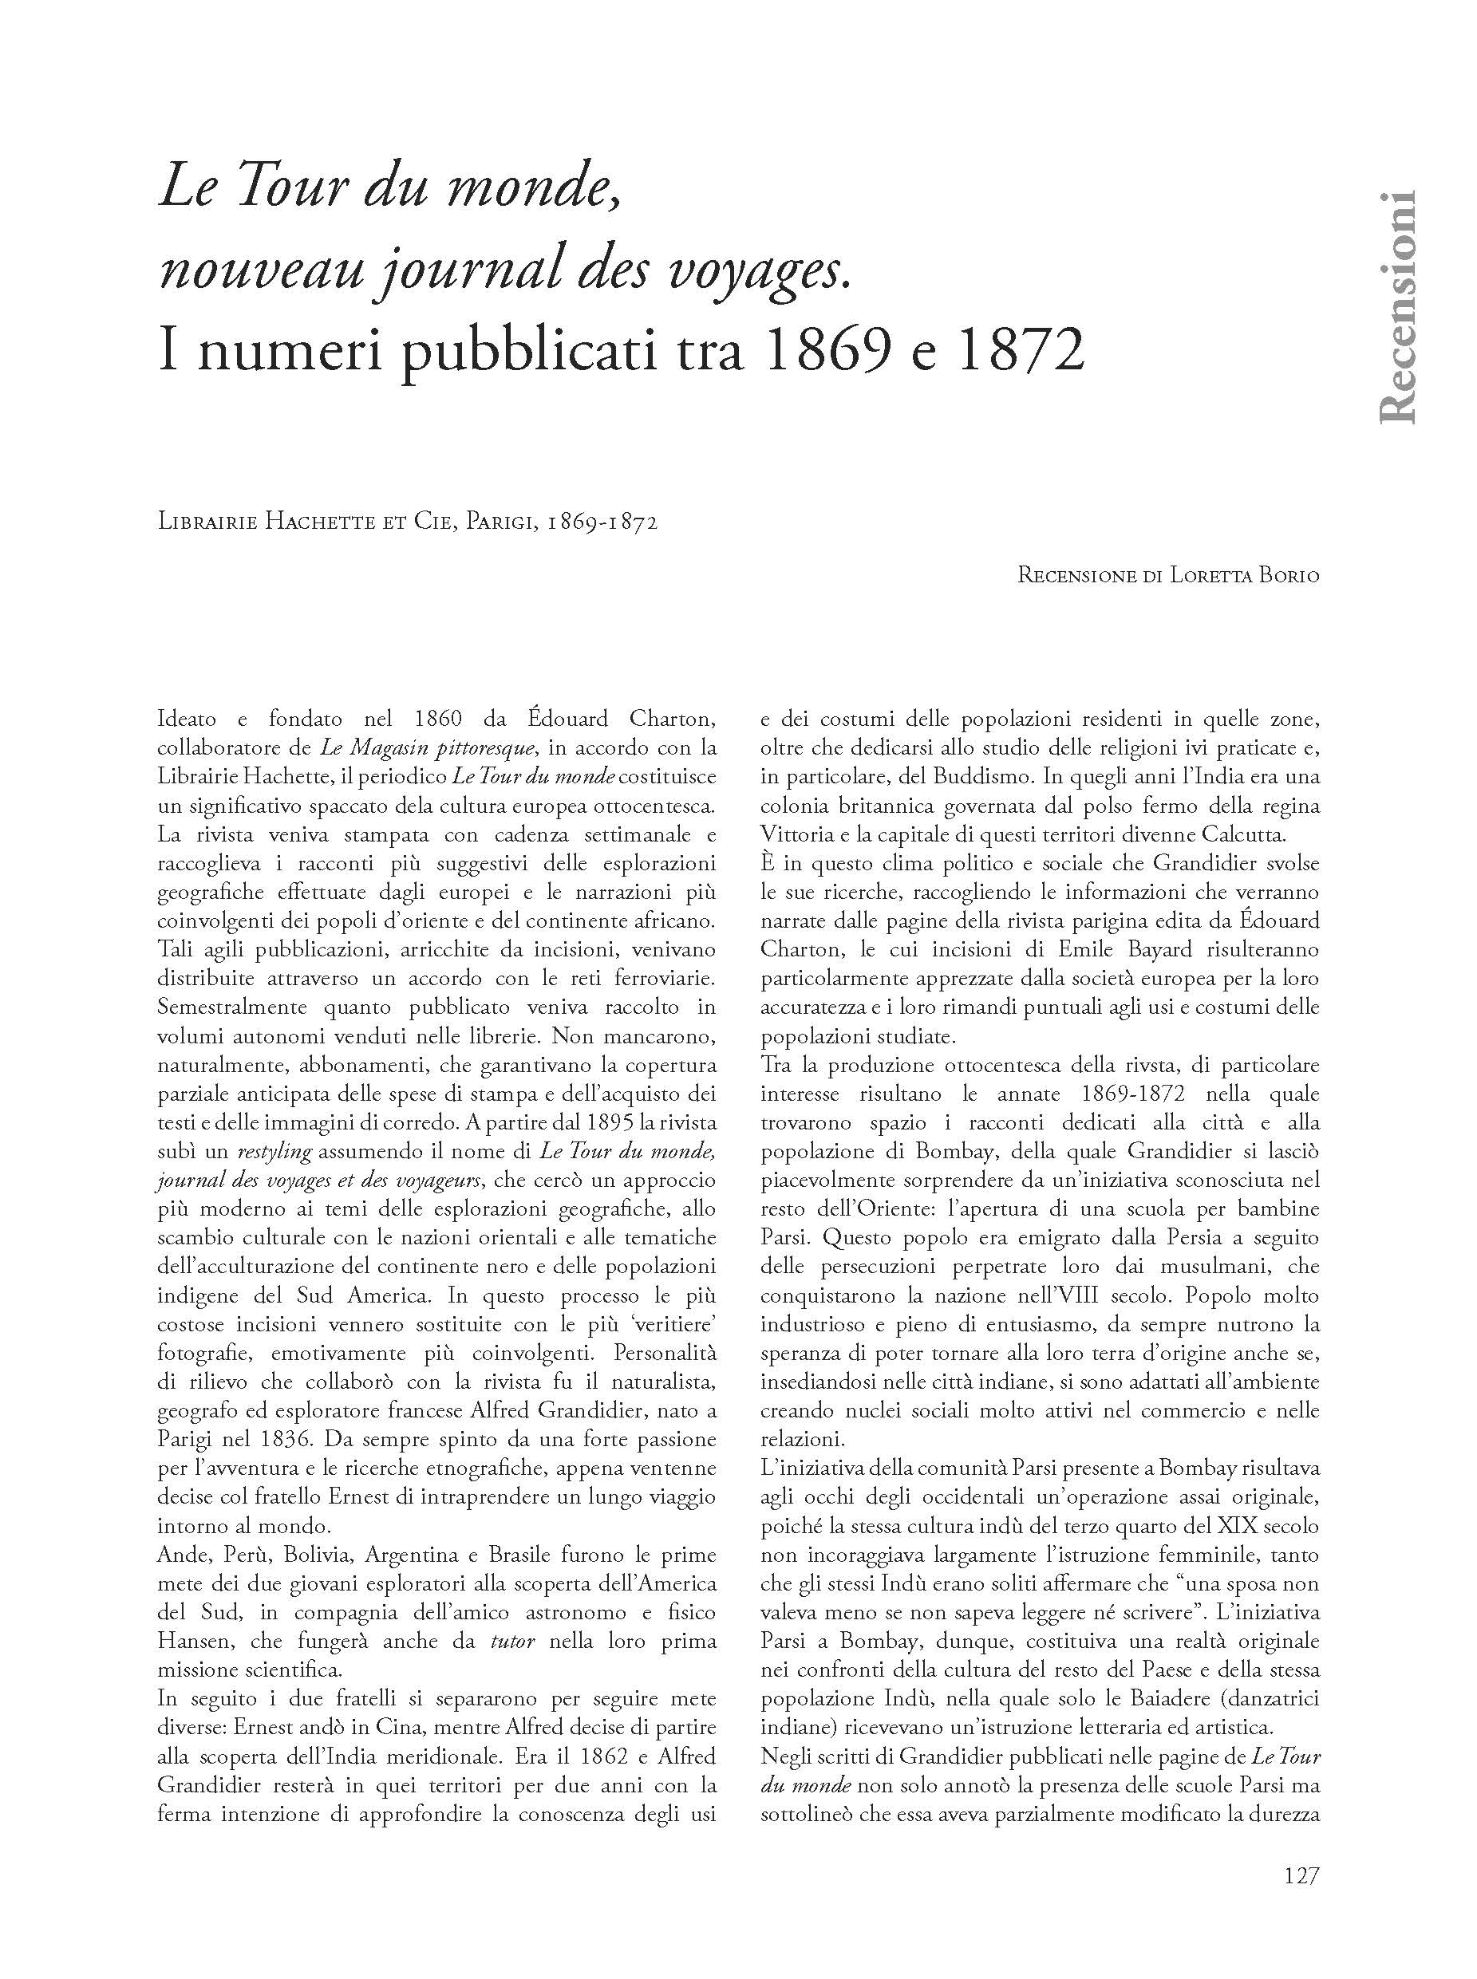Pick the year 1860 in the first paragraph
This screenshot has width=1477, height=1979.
point(438,719)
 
